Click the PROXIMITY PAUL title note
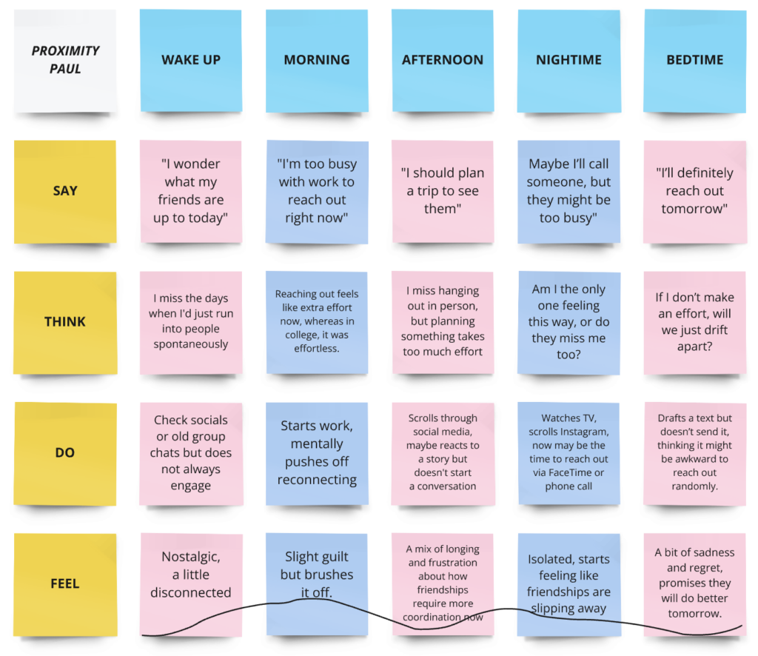click(65, 60)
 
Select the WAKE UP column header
click(191, 60)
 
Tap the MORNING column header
click(317, 60)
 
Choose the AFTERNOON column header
click(443, 60)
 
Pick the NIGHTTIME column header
click(568, 60)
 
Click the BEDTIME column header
click(695, 60)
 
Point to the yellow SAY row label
click(65, 191)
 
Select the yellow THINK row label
click(65, 322)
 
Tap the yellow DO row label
click(65, 452)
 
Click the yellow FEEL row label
click(65, 583)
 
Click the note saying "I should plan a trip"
click(443, 191)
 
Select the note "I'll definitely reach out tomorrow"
click(695, 191)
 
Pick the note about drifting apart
click(695, 322)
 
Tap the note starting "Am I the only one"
click(568, 322)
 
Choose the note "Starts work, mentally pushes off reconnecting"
click(317, 452)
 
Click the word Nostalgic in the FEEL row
click(191, 557)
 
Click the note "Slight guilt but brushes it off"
click(317, 575)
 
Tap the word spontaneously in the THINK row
click(191, 344)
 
